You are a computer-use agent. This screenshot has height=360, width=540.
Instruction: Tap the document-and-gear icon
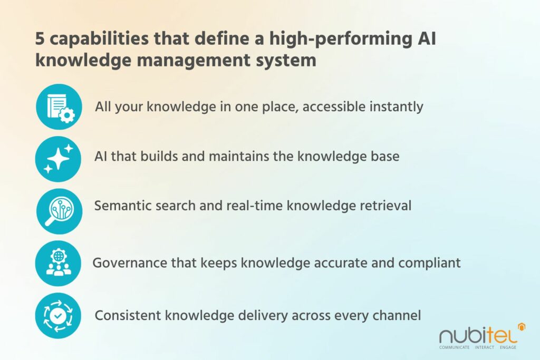pyautogui.click(x=59, y=107)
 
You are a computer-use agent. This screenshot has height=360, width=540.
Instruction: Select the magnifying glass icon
pyautogui.click(x=59, y=210)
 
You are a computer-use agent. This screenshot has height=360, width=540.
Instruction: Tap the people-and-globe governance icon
pyautogui.click(x=59, y=264)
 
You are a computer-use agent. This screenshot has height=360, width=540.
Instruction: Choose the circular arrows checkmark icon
pyautogui.click(x=59, y=316)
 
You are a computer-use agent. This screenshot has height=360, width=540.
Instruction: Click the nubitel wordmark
pyautogui.click(x=477, y=335)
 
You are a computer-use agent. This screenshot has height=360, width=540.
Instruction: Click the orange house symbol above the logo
pyautogui.click(x=522, y=327)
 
